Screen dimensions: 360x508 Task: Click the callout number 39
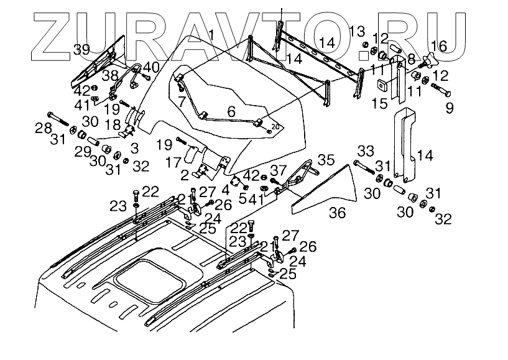(81, 50)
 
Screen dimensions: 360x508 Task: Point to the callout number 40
(150, 67)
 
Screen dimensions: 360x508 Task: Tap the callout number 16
(438, 45)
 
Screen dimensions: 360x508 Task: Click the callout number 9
(449, 108)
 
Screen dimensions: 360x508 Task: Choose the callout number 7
(181, 100)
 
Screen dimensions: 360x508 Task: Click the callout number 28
(42, 128)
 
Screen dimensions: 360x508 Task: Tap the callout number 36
(336, 213)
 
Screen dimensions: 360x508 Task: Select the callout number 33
(366, 150)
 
